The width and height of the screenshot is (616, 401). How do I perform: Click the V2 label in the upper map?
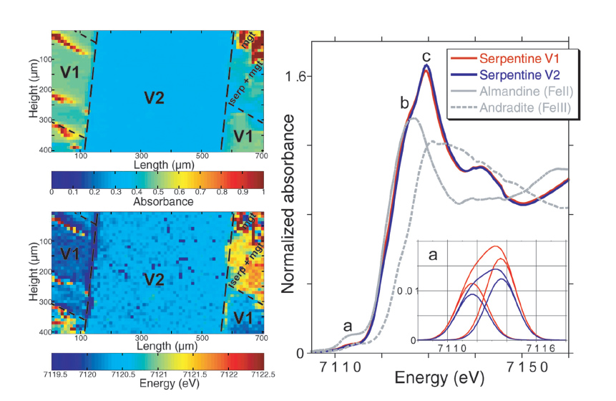coord(156,97)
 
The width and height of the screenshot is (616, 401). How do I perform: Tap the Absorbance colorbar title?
coord(157,202)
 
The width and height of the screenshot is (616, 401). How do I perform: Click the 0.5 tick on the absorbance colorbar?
coord(157,192)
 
